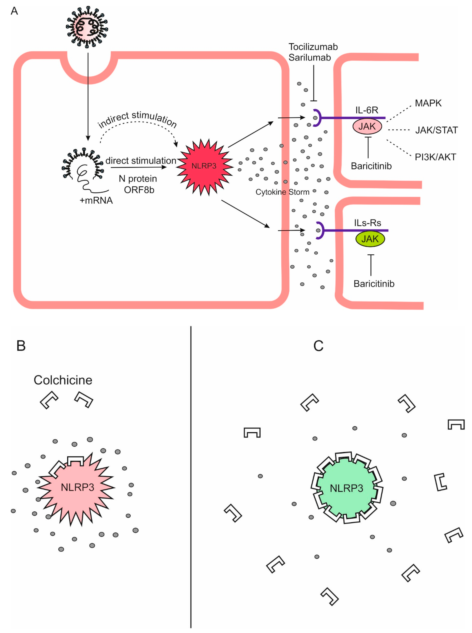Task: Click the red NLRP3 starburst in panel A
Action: pos(205,167)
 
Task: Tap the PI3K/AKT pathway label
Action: pos(435,157)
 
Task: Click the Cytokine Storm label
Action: pos(282,192)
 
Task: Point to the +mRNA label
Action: pos(96,200)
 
